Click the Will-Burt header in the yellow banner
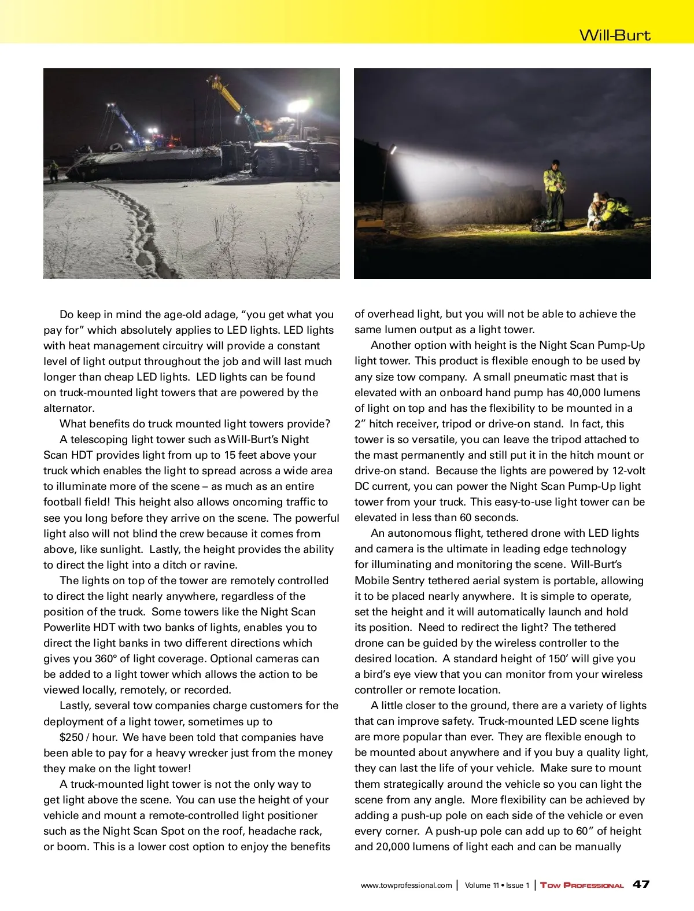click(615, 35)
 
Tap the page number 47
click(641, 884)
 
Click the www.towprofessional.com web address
click(406, 885)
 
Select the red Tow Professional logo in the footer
click(582, 885)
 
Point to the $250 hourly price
click(71, 737)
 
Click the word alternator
click(69, 408)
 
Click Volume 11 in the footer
click(482, 885)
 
